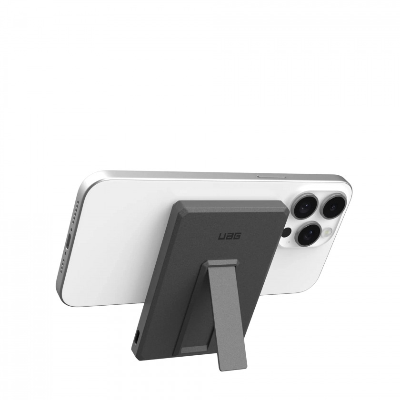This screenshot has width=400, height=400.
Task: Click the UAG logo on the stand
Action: [230, 236]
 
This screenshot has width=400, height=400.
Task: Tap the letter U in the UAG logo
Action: [222, 237]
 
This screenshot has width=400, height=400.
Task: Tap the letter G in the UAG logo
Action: [237, 236]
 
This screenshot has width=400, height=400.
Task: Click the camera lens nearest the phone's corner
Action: [333, 206]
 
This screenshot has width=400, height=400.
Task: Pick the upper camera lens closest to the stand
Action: [306, 206]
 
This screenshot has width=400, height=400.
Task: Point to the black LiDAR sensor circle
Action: [287, 232]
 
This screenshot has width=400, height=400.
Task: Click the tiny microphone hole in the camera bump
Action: [289, 241]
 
